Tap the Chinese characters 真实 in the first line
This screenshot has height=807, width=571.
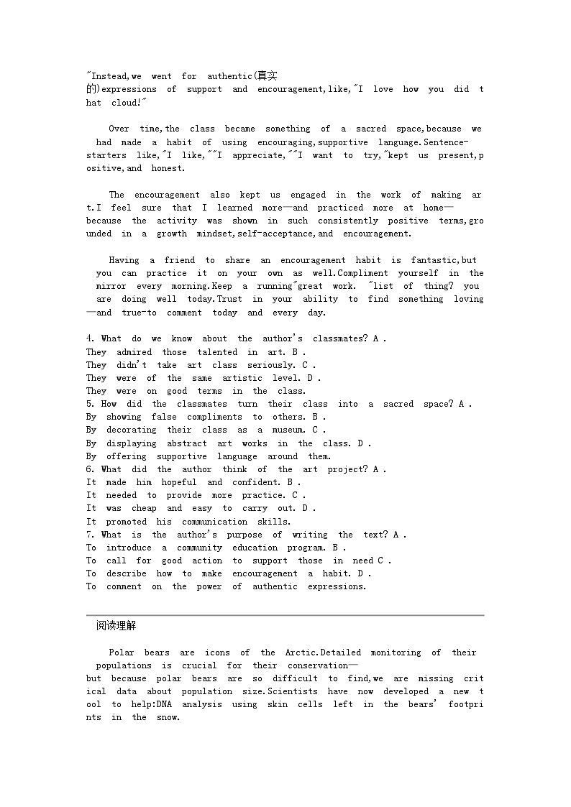click(268, 76)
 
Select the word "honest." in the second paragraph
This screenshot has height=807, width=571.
click(168, 168)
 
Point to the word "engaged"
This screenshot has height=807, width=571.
click(308, 195)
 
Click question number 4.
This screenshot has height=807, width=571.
click(90, 338)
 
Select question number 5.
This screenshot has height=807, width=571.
click(90, 404)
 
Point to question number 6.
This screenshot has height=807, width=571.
click(90, 469)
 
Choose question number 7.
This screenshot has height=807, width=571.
click(90, 535)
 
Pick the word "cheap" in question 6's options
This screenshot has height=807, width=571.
click(144, 508)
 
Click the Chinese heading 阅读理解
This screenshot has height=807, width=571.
click(116, 626)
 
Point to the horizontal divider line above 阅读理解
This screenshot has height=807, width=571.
click(285, 615)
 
